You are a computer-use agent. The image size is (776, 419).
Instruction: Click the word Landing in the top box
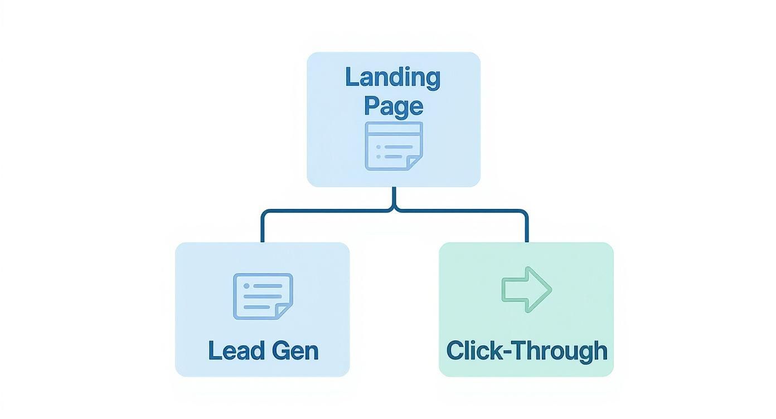click(x=393, y=77)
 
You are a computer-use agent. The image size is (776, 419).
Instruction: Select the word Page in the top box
click(x=393, y=106)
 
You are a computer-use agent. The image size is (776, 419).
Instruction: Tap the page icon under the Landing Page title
click(x=394, y=146)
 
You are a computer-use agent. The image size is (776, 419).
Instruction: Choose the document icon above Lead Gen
click(x=263, y=296)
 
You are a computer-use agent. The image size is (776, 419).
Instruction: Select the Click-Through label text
click(x=527, y=351)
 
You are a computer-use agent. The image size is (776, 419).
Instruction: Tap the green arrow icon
click(x=526, y=289)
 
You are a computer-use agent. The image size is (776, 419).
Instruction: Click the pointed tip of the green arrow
click(x=550, y=289)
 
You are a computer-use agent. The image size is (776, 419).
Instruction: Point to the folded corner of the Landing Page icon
click(x=414, y=162)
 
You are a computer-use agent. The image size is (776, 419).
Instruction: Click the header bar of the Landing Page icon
click(x=394, y=128)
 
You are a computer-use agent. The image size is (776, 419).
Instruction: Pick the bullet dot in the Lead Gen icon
click(x=246, y=286)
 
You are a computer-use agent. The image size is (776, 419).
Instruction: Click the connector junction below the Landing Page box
click(x=394, y=210)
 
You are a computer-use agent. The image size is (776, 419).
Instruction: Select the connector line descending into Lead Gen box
click(x=262, y=228)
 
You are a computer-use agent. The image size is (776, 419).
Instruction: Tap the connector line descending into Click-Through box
click(x=526, y=228)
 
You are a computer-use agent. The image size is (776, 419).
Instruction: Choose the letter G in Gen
click(x=282, y=351)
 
